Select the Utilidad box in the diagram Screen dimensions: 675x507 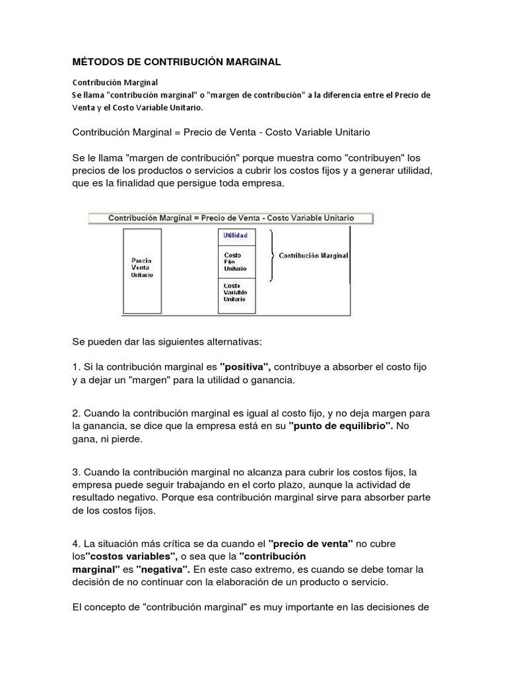coord(236,235)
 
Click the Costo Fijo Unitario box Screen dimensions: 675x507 coord(236,261)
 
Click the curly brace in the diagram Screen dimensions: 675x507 coord(271,256)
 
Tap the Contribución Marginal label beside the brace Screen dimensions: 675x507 coord(314,255)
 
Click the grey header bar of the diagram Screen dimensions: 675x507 coord(231,218)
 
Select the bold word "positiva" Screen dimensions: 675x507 coord(244,366)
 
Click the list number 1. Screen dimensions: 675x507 coord(75,366)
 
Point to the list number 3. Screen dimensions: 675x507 coord(75,473)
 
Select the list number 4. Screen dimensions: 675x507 coord(75,544)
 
